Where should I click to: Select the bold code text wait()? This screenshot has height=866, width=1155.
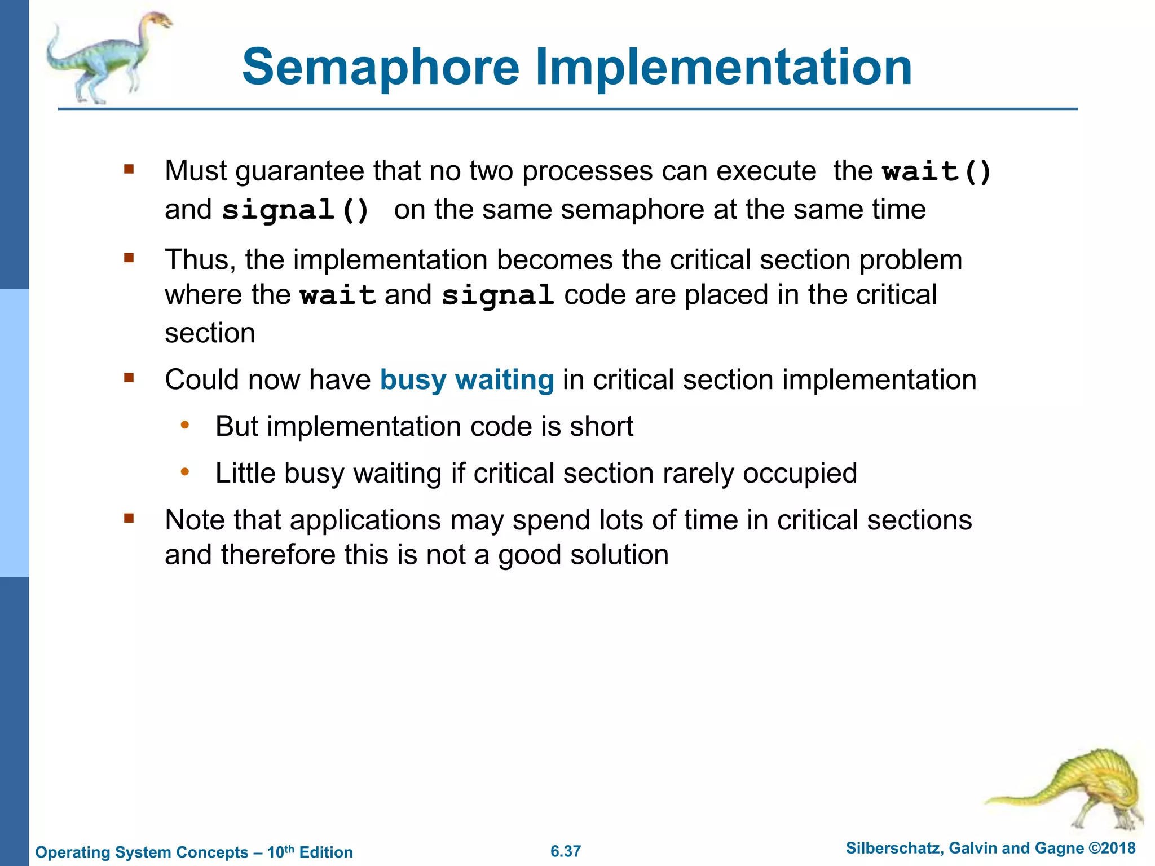click(936, 171)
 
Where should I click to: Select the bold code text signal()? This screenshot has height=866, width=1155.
click(296, 210)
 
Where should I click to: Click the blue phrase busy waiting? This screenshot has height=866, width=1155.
click(467, 379)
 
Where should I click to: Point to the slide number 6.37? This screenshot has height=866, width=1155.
click(566, 851)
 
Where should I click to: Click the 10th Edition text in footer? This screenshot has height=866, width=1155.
click(310, 852)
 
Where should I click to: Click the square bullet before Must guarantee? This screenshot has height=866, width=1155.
click(129, 169)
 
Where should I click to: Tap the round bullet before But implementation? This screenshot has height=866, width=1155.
click(184, 425)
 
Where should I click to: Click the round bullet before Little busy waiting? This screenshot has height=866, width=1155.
click(184, 472)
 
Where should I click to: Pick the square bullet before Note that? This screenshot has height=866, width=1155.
click(129, 518)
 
